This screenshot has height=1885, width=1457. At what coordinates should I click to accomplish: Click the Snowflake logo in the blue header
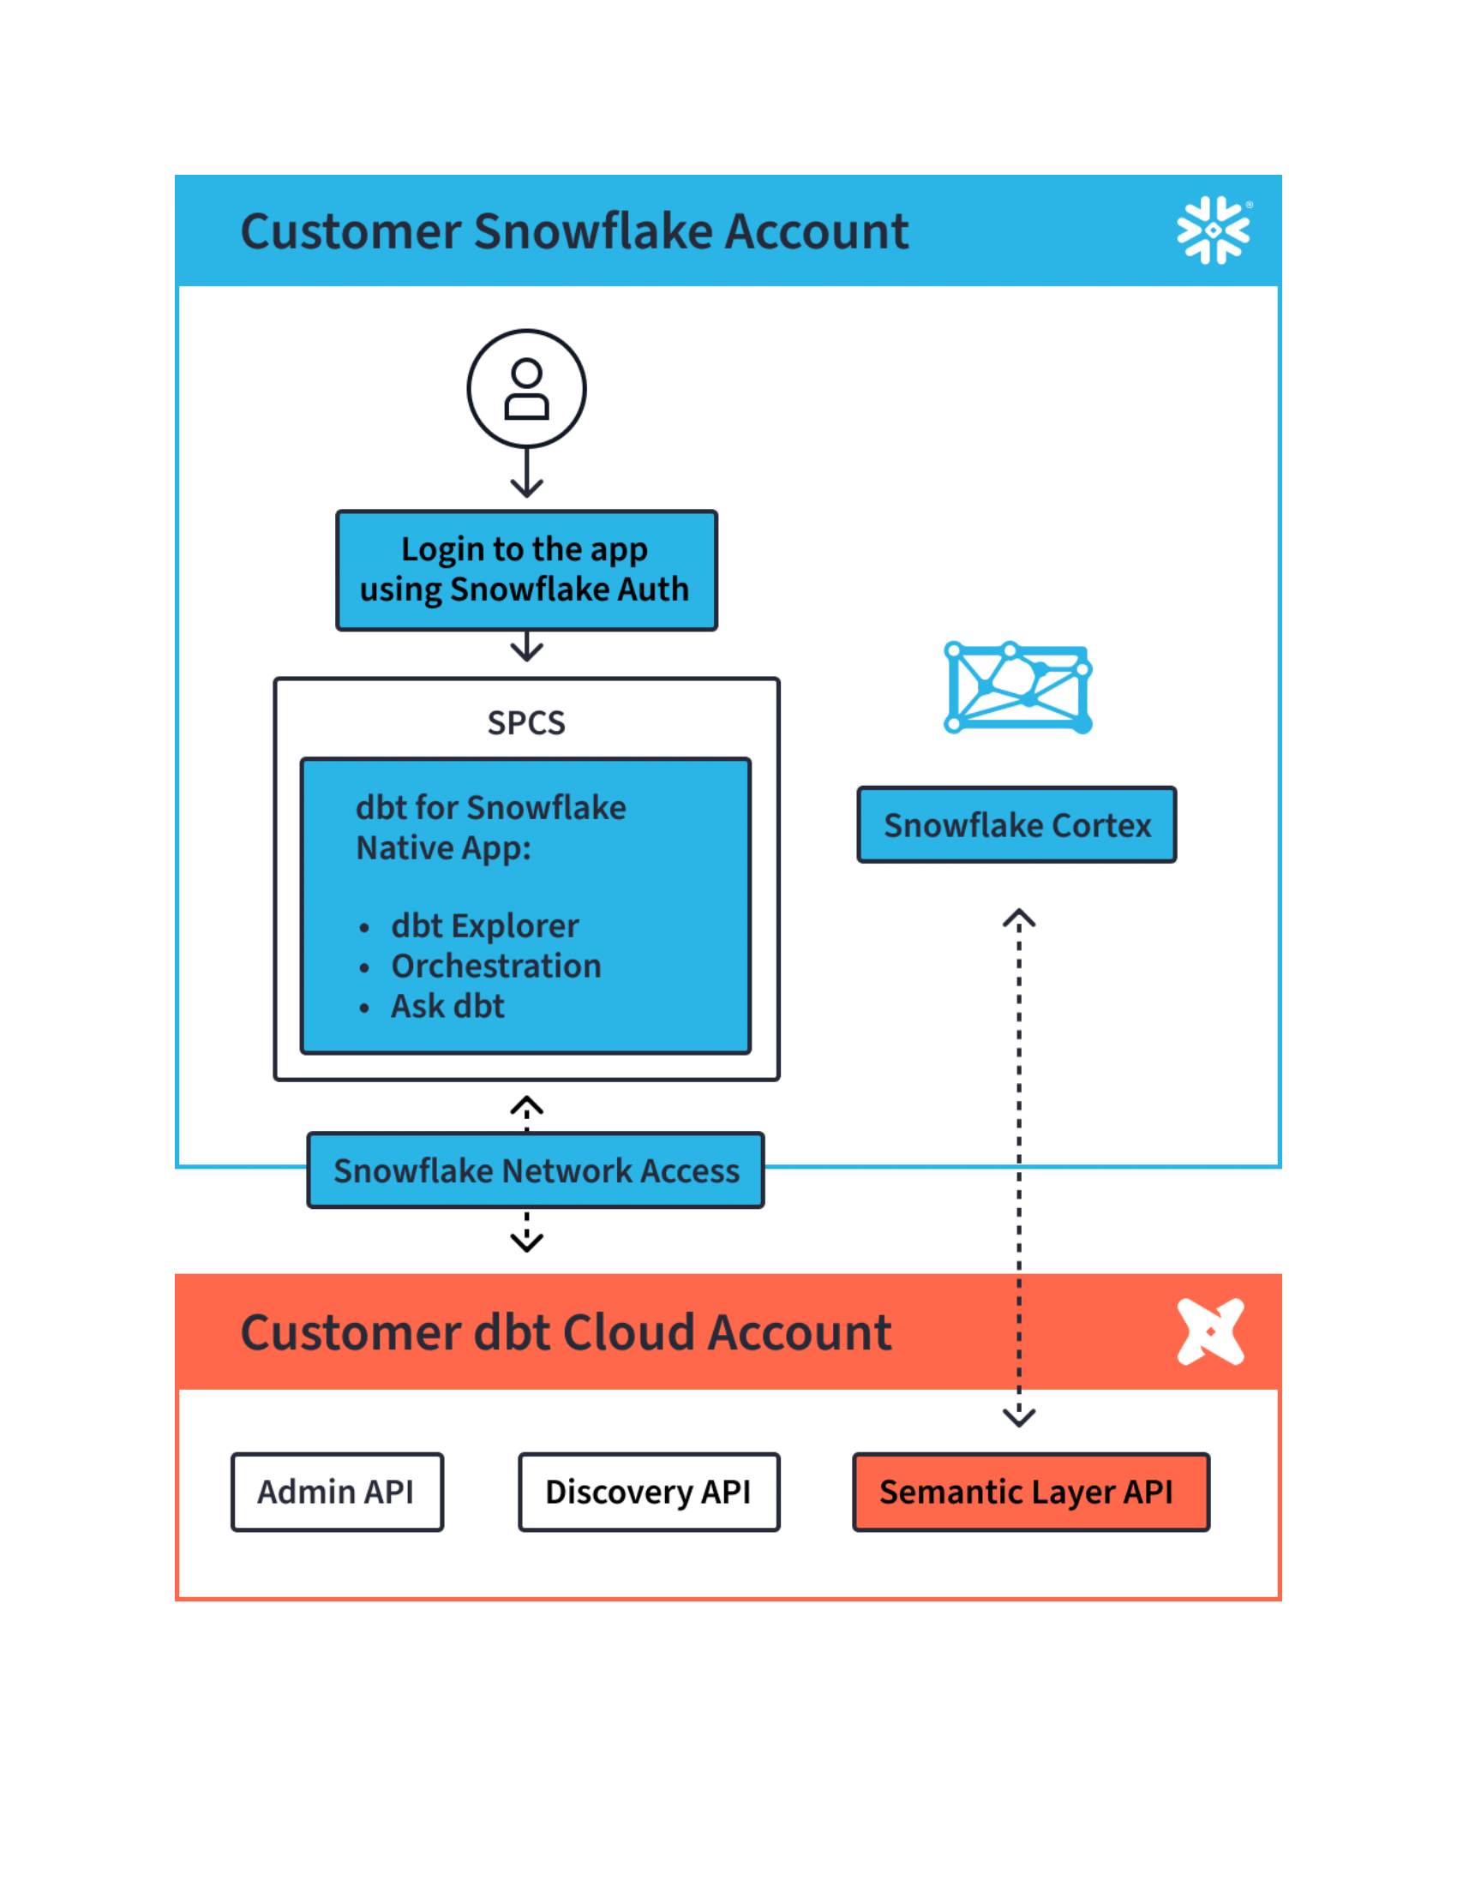[1213, 230]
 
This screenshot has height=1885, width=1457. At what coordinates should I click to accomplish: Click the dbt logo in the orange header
[1210, 1331]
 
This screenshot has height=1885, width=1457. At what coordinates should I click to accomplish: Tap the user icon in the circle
[526, 388]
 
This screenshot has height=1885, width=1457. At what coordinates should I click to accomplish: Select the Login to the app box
[526, 570]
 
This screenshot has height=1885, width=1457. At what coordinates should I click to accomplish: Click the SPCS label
[525, 722]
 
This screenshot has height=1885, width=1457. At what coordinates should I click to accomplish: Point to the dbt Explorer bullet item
[484, 925]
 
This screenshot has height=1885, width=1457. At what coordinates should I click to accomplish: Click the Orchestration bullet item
[495, 966]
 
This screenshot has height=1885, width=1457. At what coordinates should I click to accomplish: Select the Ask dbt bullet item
[447, 1007]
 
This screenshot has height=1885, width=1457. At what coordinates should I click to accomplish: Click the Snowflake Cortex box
[1016, 824]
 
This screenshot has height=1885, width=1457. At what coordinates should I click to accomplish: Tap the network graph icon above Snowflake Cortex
[1017, 687]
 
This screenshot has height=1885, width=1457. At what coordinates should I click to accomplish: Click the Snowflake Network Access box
[535, 1170]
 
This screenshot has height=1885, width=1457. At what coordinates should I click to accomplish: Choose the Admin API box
[337, 1492]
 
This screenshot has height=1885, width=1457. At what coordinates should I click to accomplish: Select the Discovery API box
[648, 1492]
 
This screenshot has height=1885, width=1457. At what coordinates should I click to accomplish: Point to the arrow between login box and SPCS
[526, 647]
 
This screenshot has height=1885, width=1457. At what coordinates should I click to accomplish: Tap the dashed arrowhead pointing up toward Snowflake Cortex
[1018, 919]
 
